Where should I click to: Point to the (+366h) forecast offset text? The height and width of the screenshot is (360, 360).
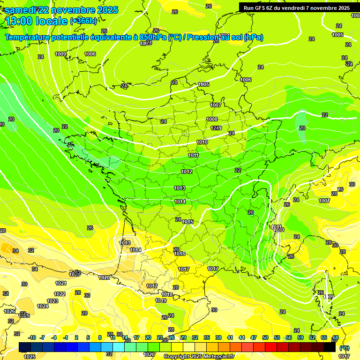click(x=83, y=21)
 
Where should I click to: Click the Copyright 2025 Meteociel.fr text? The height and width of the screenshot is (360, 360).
click(x=198, y=357)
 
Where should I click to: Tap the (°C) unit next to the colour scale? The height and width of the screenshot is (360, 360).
click(x=344, y=348)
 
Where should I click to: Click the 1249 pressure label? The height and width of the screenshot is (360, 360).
click(x=216, y=128)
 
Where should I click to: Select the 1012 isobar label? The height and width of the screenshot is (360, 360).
click(x=187, y=172)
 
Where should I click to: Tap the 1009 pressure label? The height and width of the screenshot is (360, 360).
click(x=60, y=54)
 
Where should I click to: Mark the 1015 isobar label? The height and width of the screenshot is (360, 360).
click(x=188, y=222)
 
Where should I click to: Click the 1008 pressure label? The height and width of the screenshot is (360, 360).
click(x=212, y=120)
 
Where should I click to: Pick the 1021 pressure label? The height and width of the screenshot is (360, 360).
click(x=60, y=283)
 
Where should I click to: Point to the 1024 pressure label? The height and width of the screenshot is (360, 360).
click(x=43, y=306)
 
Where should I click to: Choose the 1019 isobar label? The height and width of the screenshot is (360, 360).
click(x=161, y=300)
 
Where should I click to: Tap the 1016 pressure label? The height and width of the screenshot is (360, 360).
click(x=179, y=254)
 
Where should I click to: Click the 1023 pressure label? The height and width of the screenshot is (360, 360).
click(x=52, y=301)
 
